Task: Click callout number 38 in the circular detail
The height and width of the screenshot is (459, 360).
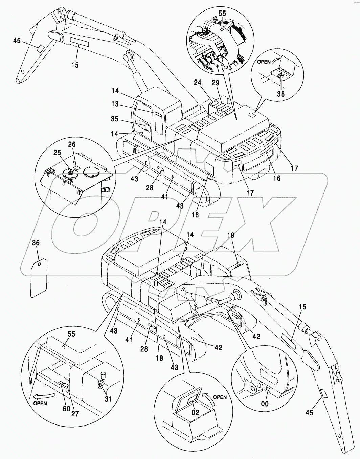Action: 280,94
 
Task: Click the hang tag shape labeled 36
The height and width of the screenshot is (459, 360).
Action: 38,278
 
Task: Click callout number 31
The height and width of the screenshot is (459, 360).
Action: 108,399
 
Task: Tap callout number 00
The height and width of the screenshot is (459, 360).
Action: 265,403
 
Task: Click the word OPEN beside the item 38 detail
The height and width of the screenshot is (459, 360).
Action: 264,62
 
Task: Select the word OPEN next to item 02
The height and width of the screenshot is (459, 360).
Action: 220,397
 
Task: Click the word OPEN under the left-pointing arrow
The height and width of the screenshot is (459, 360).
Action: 40,403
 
